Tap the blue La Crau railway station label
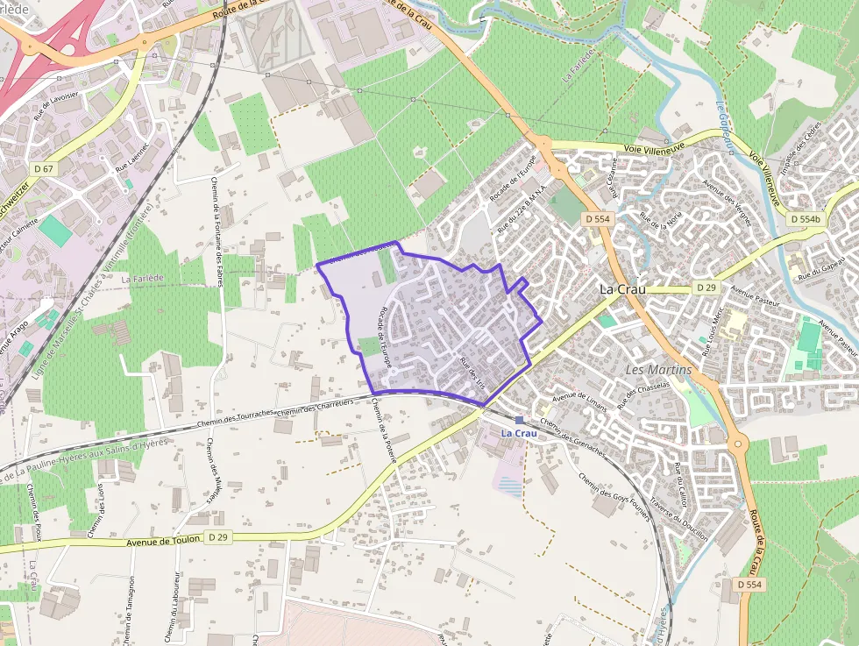[x=518, y=433]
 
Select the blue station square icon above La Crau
[x=519, y=420]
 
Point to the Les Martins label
[x=658, y=370]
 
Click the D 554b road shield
[x=804, y=219]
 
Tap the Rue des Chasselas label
[x=637, y=390]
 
